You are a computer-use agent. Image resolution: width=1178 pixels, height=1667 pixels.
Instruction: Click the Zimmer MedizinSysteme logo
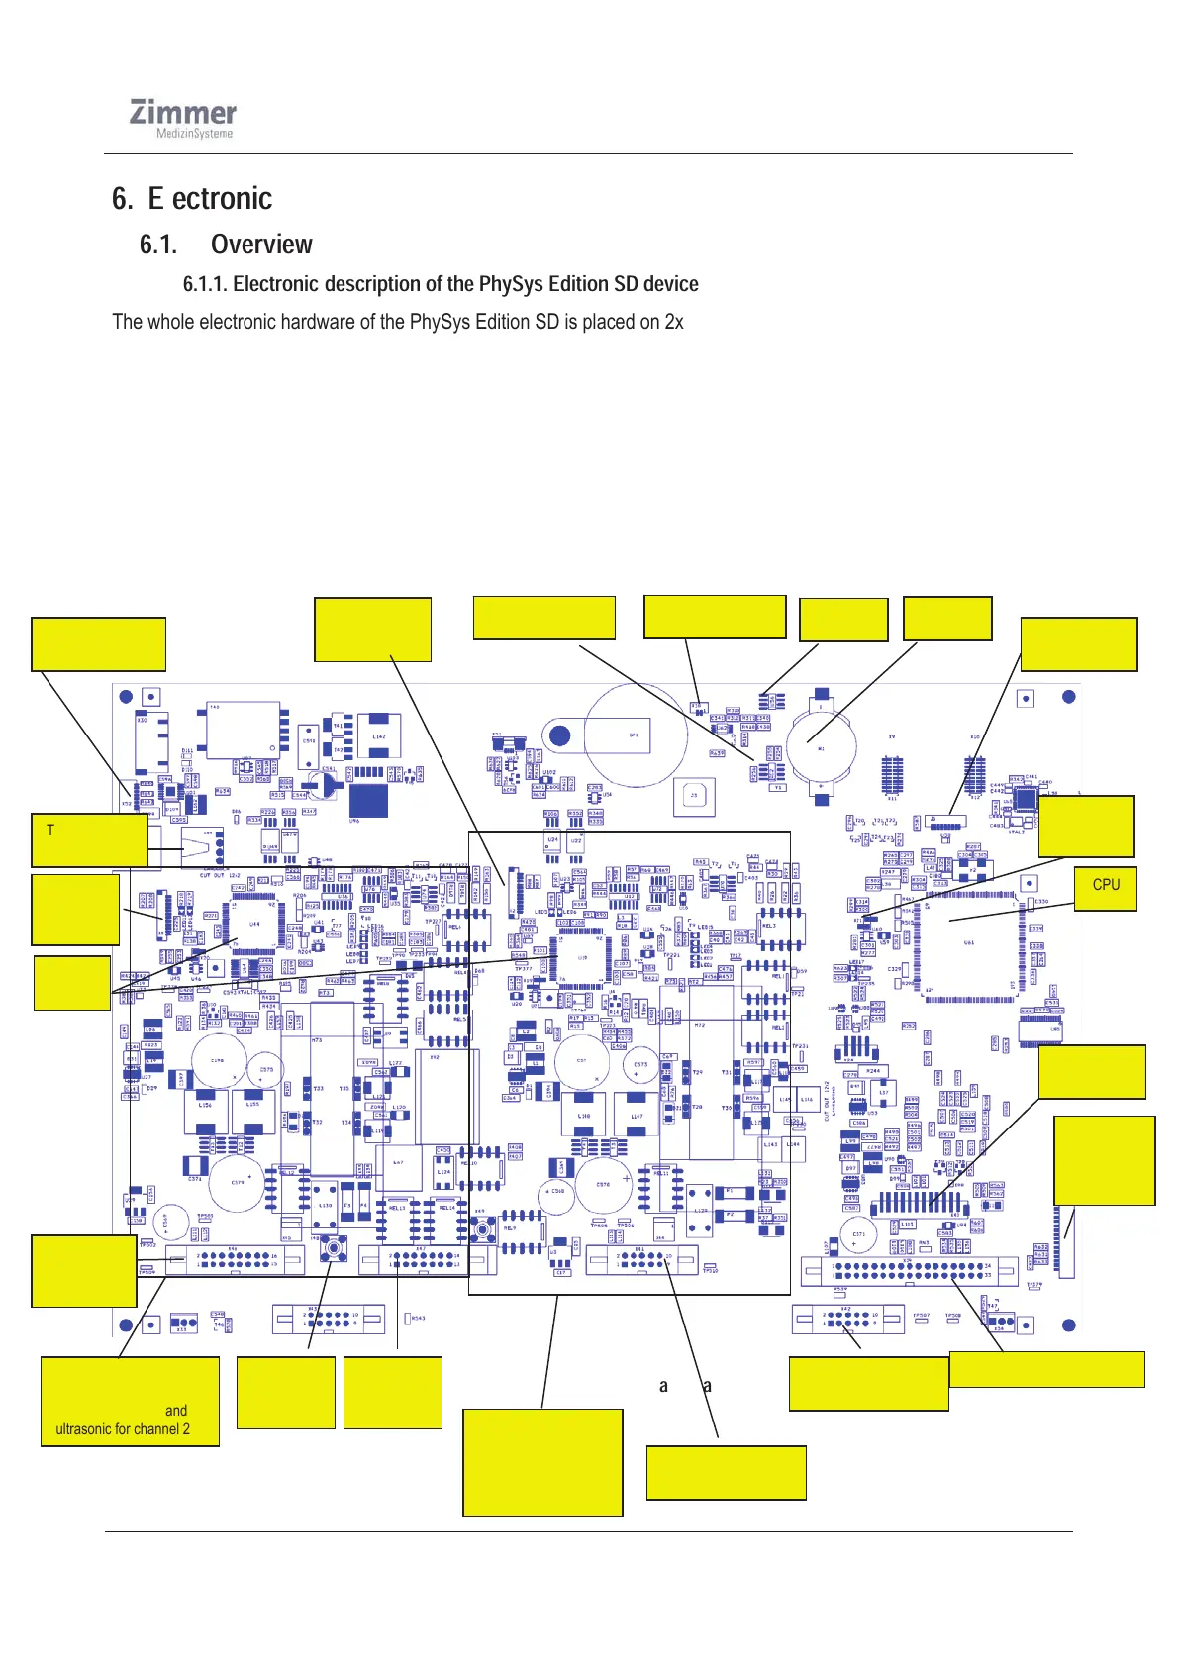[x=183, y=120]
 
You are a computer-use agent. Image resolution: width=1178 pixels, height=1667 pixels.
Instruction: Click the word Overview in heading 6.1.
[x=261, y=245]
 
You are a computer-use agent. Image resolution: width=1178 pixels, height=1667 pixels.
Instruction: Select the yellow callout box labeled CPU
[x=1105, y=888]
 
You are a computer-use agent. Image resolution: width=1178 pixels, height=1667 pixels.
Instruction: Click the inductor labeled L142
[x=379, y=737]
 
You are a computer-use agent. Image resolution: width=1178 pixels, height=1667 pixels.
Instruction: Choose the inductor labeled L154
[x=206, y=1110]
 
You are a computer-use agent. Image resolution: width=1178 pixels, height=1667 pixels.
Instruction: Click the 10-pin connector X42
[x=848, y=1319]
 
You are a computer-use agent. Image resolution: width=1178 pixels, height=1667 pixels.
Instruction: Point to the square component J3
[x=694, y=796]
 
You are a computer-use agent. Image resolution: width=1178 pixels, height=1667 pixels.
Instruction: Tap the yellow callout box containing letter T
[x=90, y=839]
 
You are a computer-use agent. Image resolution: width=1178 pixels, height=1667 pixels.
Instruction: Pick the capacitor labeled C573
[x=642, y=1067]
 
